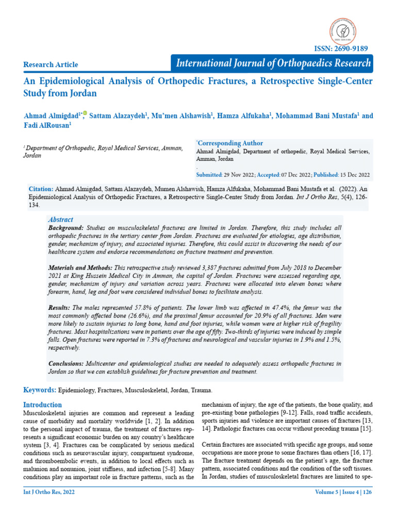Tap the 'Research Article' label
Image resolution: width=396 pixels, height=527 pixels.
coord(51,64)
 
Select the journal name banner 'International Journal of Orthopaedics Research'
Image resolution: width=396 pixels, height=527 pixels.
coord(273,63)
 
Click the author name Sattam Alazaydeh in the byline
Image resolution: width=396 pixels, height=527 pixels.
coord(118,116)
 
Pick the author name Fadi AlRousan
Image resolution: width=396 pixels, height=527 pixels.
coord(46,125)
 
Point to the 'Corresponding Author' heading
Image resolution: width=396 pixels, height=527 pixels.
coord(230,143)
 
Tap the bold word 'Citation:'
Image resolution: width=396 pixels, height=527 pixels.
coord(41,189)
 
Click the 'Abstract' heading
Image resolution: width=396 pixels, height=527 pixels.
coord(60,219)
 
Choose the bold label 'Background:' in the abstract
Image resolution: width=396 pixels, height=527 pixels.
coord(65,227)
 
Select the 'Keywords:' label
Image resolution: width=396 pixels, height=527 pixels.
coord(40,391)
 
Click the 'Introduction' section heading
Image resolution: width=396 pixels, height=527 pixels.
coord(43,405)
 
